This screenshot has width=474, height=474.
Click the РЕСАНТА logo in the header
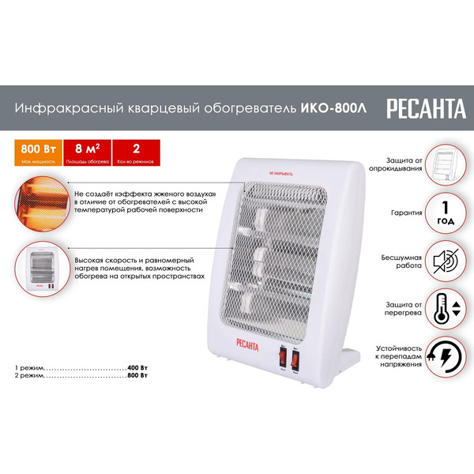click(x=427, y=109)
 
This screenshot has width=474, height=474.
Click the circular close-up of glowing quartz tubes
click(x=40, y=201)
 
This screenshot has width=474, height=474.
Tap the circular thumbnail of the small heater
click(x=40, y=268)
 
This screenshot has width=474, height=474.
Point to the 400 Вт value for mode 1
click(x=138, y=369)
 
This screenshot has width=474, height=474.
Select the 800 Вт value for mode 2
click(x=138, y=378)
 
